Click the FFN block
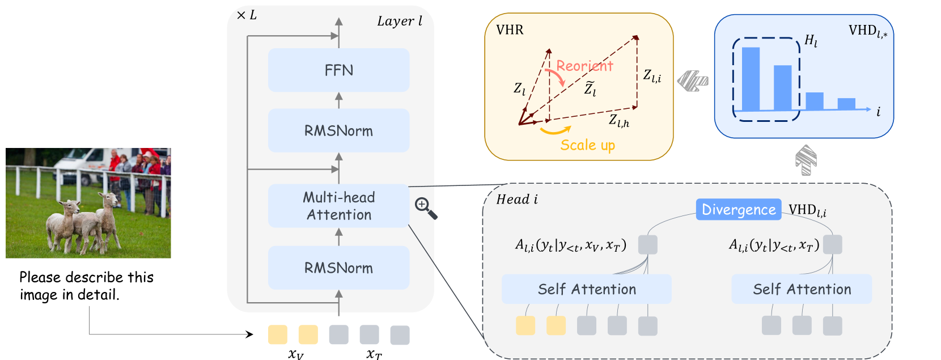pyautogui.click(x=338, y=70)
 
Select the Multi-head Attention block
pyautogui.click(x=338, y=206)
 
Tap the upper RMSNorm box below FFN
pyautogui.click(x=338, y=130)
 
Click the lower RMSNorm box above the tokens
pyautogui.click(x=338, y=268)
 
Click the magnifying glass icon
pyautogui.click(x=426, y=208)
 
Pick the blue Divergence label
pyautogui.click(x=738, y=210)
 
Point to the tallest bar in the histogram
pyautogui.click(x=751, y=79)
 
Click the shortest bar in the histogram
pyautogui.click(x=846, y=104)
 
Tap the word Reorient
pyautogui.click(x=584, y=66)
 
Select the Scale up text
pyautogui.click(x=587, y=145)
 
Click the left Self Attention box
pyautogui.click(x=587, y=289)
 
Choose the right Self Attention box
pyautogui.click(x=802, y=289)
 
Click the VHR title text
pyautogui.click(x=510, y=30)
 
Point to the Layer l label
pyautogui.click(x=400, y=22)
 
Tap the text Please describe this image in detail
pyautogui.click(x=86, y=286)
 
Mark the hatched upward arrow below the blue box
pyautogui.click(x=806, y=160)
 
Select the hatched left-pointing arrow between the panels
pyautogui.click(x=693, y=81)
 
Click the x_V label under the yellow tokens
pyautogui.click(x=296, y=354)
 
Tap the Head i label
pyautogui.click(x=517, y=199)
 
